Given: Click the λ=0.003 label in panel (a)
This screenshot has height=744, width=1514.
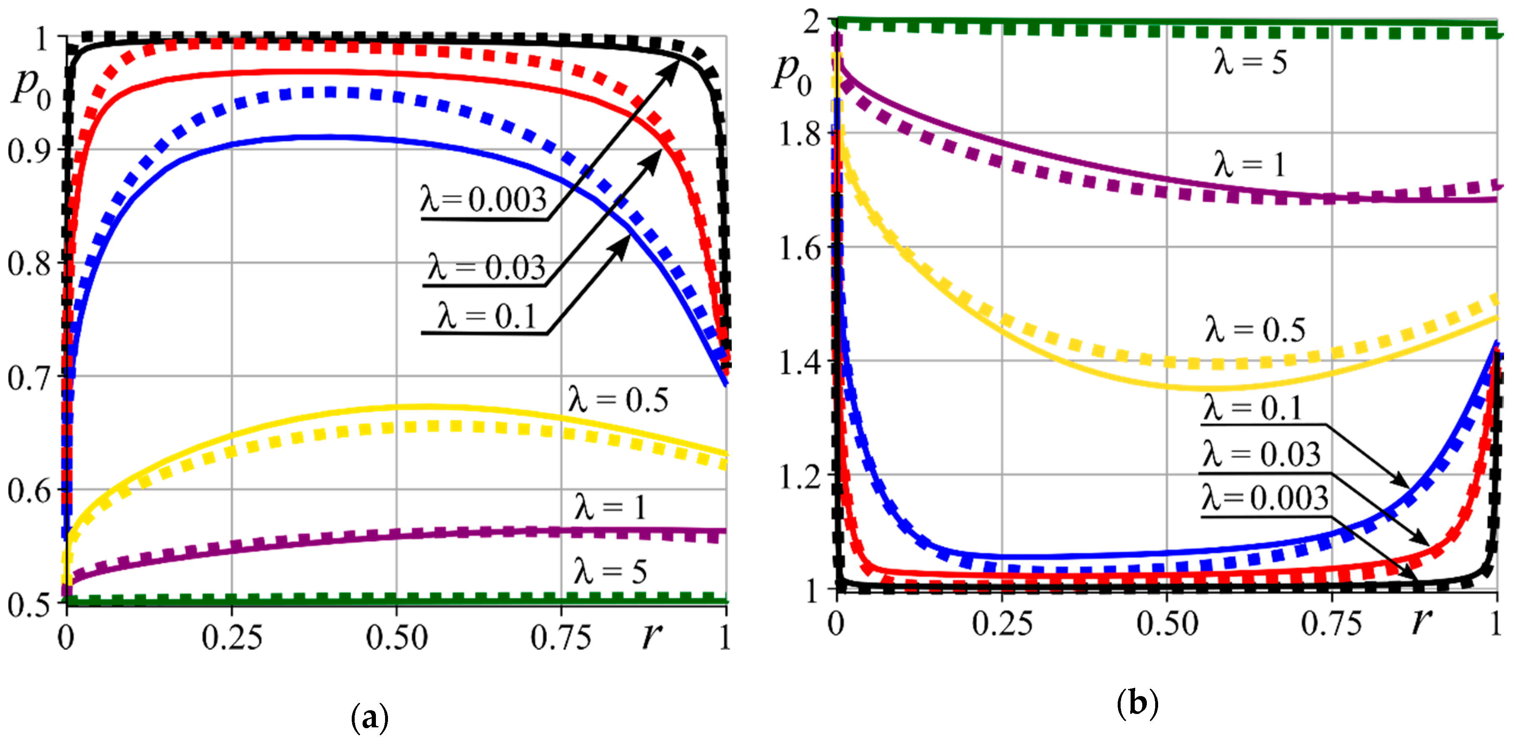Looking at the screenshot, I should click(x=483, y=199).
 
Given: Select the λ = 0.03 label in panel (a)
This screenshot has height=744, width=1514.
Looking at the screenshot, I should click(x=487, y=268).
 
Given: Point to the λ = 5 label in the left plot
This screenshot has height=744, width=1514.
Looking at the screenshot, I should click(x=610, y=571).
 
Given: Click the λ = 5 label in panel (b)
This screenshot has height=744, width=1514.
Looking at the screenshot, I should click(x=1251, y=62).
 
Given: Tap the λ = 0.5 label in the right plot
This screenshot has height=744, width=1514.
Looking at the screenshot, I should click(x=1255, y=330).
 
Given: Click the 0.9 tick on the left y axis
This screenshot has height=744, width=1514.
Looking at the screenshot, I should click(x=28, y=151).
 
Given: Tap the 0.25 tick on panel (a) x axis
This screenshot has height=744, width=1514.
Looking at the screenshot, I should click(x=232, y=638).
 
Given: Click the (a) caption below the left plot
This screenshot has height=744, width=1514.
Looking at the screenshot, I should click(x=369, y=718).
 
